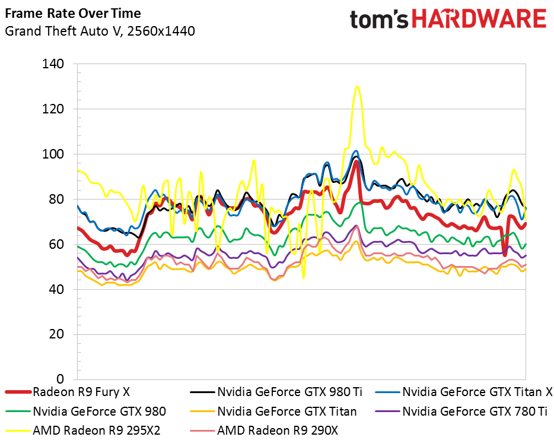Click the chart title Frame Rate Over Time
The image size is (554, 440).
[73, 14]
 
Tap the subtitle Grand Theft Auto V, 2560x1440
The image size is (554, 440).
[100, 31]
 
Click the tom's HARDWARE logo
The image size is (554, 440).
[448, 19]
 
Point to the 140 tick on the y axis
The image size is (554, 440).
[53, 64]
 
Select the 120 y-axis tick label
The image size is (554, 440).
[53, 109]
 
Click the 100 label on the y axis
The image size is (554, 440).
[53, 154]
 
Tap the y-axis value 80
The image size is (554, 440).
[56, 199]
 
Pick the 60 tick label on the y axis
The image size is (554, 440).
[56, 244]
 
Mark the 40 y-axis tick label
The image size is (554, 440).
[56, 289]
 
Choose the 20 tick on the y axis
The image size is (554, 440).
[56, 334]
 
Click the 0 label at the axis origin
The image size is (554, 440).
[61, 379]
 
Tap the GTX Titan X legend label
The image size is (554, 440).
[477, 392]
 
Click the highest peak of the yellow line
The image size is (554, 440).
[357, 86]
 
